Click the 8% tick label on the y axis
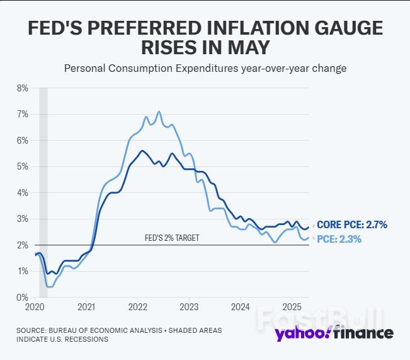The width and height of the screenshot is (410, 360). pos(22,88)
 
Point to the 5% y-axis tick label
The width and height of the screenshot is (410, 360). pos(22,166)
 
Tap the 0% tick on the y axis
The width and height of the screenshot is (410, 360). pos(22,297)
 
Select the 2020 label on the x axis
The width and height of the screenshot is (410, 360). pos(35,307)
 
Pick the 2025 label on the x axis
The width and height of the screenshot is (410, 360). pos(291,307)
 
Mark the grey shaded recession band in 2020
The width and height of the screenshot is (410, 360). pos(43,189)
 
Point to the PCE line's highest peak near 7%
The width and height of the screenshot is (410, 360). pos(159,112)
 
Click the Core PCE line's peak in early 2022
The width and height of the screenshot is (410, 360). pos(142,151)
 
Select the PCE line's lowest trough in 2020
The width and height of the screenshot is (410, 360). pos(50,286)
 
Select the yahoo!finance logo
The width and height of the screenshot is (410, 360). pos(334,333)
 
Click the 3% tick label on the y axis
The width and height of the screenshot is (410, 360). pos(22,219)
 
